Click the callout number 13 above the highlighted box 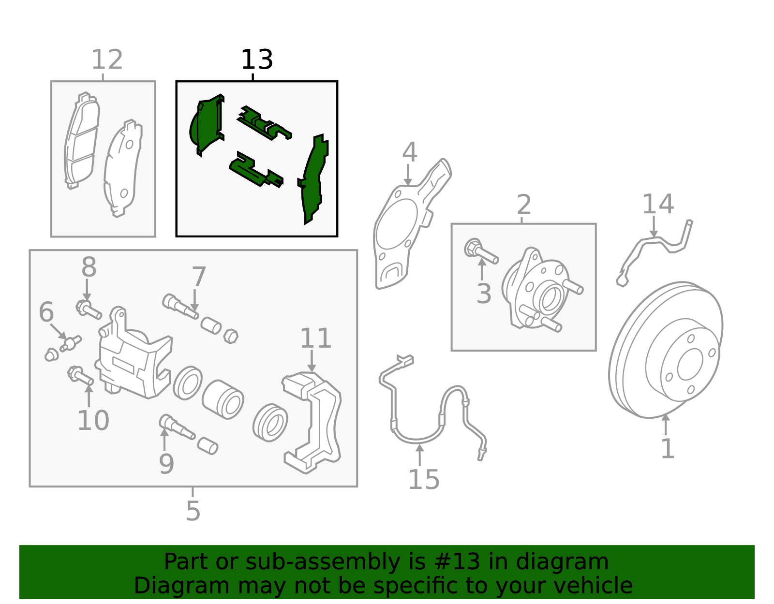(256, 60)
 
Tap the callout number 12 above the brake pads (107, 60)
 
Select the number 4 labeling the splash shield (409, 152)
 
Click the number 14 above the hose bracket (657, 204)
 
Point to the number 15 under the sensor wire (424, 480)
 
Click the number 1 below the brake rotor (668, 449)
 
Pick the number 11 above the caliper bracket (315, 338)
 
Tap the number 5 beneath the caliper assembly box (193, 511)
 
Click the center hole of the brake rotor (690, 365)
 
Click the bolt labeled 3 (481, 252)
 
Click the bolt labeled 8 (89, 309)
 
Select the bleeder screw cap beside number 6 (51, 355)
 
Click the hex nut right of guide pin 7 (231, 336)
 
